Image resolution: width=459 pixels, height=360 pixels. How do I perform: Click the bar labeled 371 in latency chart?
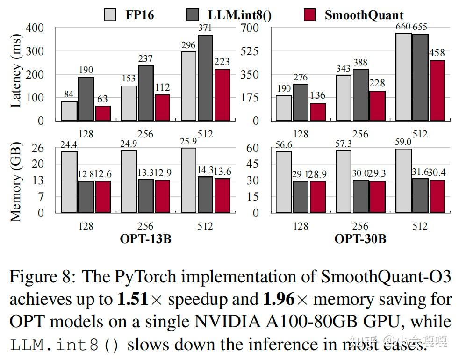(205, 78)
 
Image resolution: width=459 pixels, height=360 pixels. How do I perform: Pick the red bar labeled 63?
(103, 113)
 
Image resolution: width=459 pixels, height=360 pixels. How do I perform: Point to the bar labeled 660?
(403, 77)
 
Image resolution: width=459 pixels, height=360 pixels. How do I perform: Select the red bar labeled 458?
(437, 90)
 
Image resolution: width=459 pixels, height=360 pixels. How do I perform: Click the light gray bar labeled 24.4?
(69, 181)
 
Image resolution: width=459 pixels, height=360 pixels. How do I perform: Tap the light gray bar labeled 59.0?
(403, 180)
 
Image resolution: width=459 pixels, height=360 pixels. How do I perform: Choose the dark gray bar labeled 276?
(301, 102)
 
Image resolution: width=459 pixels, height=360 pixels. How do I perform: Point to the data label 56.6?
(284, 145)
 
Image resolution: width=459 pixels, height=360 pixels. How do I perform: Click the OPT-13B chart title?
(145, 239)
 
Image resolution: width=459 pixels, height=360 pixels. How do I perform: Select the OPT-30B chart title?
(360, 239)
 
